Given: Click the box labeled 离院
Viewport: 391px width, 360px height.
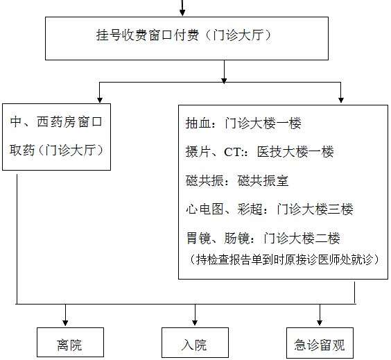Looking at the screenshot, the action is (x=70, y=342).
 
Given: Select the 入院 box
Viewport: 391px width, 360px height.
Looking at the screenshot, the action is (x=195, y=342).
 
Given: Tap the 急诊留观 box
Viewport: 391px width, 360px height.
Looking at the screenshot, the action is (x=320, y=343).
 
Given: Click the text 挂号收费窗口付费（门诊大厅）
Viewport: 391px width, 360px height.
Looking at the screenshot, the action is (x=184, y=35).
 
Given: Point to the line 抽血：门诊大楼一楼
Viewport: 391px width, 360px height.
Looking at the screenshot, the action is (x=243, y=123).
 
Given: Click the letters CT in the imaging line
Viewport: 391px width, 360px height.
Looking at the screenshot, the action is (x=233, y=152).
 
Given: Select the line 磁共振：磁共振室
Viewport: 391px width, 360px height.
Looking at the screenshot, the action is (x=237, y=180).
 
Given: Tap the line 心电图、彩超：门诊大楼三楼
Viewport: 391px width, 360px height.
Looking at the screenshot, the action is (x=269, y=209).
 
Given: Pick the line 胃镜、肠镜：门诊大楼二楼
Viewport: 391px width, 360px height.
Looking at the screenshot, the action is (x=263, y=238).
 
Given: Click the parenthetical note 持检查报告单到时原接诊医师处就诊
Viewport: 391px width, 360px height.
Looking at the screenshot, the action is (x=284, y=259).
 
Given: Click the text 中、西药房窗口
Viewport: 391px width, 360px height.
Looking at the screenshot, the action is (x=56, y=122).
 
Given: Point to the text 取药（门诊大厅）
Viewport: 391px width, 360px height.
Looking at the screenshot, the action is (x=56, y=151).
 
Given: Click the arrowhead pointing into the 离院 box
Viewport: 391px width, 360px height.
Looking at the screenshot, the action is (x=65, y=323).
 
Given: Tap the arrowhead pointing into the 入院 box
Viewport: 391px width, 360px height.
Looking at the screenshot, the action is (x=195, y=323).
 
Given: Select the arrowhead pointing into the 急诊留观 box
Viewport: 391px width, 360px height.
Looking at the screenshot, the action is (x=320, y=323).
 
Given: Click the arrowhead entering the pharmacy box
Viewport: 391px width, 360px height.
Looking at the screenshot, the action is (x=100, y=100).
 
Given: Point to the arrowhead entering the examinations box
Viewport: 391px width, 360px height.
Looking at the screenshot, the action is (x=341, y=100).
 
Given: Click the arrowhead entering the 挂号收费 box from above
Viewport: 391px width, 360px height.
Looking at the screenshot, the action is (x=182, y=12).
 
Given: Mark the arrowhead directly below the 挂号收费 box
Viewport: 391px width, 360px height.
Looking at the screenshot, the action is (x=224, y=80).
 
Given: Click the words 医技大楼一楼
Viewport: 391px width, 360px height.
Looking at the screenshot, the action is (x=295, y=152).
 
